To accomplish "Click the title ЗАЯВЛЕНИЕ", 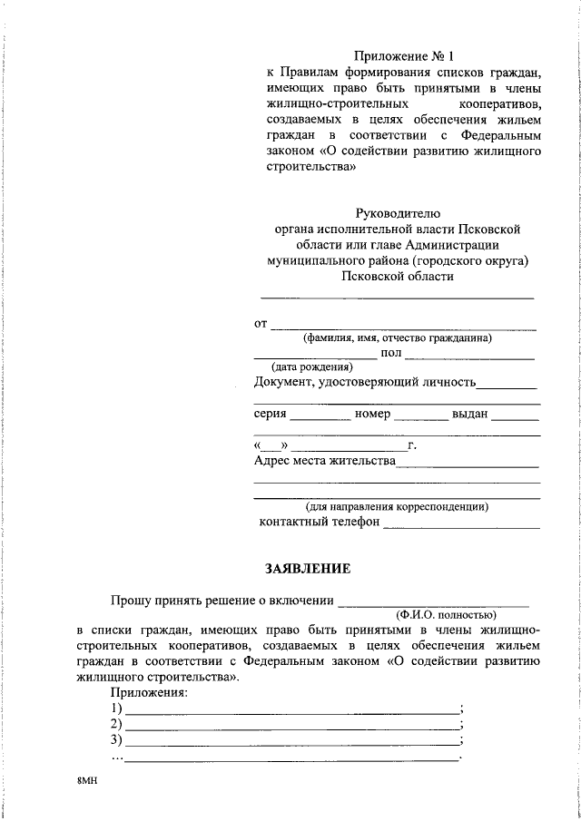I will (307, 569).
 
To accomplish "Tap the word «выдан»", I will (470, 414).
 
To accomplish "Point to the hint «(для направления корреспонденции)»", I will (397, 506).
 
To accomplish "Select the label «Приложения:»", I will (149, 693).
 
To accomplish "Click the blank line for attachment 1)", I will (291, 712).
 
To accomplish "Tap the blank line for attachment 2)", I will (291, 728).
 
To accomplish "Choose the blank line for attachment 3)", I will (291, 745).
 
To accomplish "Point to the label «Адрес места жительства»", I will (324, 462).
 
